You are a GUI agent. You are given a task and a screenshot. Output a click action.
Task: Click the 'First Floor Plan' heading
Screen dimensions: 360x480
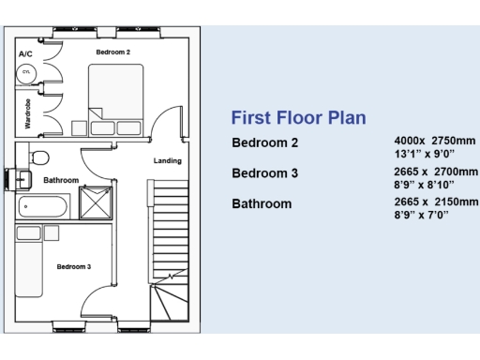[297, 118]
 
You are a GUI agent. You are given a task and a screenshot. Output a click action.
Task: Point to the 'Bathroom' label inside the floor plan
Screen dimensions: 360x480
[61, 179]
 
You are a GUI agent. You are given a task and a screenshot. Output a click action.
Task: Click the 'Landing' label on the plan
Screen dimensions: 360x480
[168, 160]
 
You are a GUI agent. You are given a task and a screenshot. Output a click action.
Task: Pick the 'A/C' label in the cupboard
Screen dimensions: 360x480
[26, 55]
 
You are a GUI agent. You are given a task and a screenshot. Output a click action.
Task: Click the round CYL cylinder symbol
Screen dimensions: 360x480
[27, 73]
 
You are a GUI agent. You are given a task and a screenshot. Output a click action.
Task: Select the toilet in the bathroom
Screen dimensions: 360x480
[39, 157]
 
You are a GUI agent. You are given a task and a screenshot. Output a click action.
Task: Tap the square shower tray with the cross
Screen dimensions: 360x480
[97, 202]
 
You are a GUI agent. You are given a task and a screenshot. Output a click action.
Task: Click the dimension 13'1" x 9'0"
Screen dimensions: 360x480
[424, 154]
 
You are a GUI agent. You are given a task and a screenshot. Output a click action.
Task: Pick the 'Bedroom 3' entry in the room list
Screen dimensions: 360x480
[264, 173]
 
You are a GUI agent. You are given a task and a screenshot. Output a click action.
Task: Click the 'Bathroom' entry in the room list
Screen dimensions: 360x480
[262, 203]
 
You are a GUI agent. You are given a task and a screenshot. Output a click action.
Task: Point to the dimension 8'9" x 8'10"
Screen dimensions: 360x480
[425, 185]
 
